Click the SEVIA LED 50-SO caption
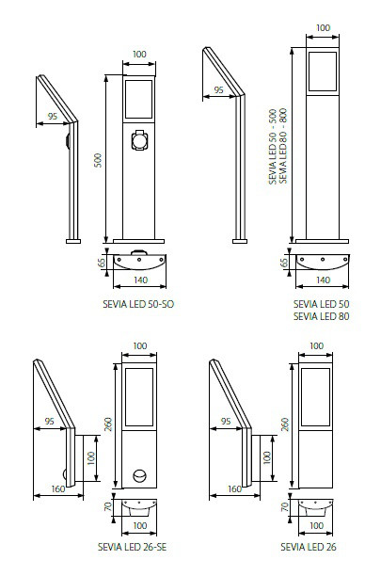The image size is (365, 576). coord(138,304)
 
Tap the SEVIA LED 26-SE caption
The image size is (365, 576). coord(132,547)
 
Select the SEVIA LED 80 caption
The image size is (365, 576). coord(322,316)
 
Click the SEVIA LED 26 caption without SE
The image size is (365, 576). coord(309,547)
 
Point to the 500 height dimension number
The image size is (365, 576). coord(98,160)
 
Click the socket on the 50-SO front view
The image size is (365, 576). coord(139,140)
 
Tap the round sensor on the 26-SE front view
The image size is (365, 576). coord(139,476)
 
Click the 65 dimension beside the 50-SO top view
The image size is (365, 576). coord(102,262)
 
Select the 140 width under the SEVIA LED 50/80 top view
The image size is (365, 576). coord(323,280)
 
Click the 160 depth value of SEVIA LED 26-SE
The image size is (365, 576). coord(58,488)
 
